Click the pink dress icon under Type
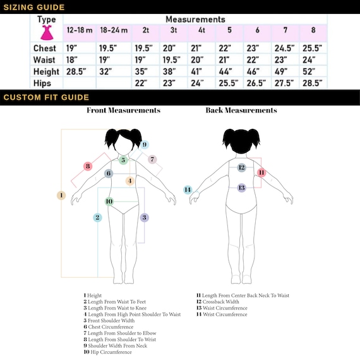tap(47, 33)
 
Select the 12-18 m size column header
tap(80, 30)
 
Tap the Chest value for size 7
tap(284, 48)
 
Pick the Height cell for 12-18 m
tap(76, 71)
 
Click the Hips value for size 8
tap(312, 83)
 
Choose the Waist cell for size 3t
tap(171, 60)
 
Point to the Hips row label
tap(42, 83)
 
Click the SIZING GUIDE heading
tap(34, 7)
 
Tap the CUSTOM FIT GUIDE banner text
tap(46, 97)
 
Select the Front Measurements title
tap(123, 110)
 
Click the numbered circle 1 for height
tap(61, 195)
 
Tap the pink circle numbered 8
tap(88, 166)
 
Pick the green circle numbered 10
tap(109, 201)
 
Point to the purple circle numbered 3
tap(144, 217)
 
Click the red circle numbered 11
tap(261, 172)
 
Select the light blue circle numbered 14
tap(188, 189)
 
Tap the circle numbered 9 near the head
tap(145, 145)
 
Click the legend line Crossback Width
tap(218, 302)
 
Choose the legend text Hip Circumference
tap(107, 352)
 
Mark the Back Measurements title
tap(241, 110)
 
